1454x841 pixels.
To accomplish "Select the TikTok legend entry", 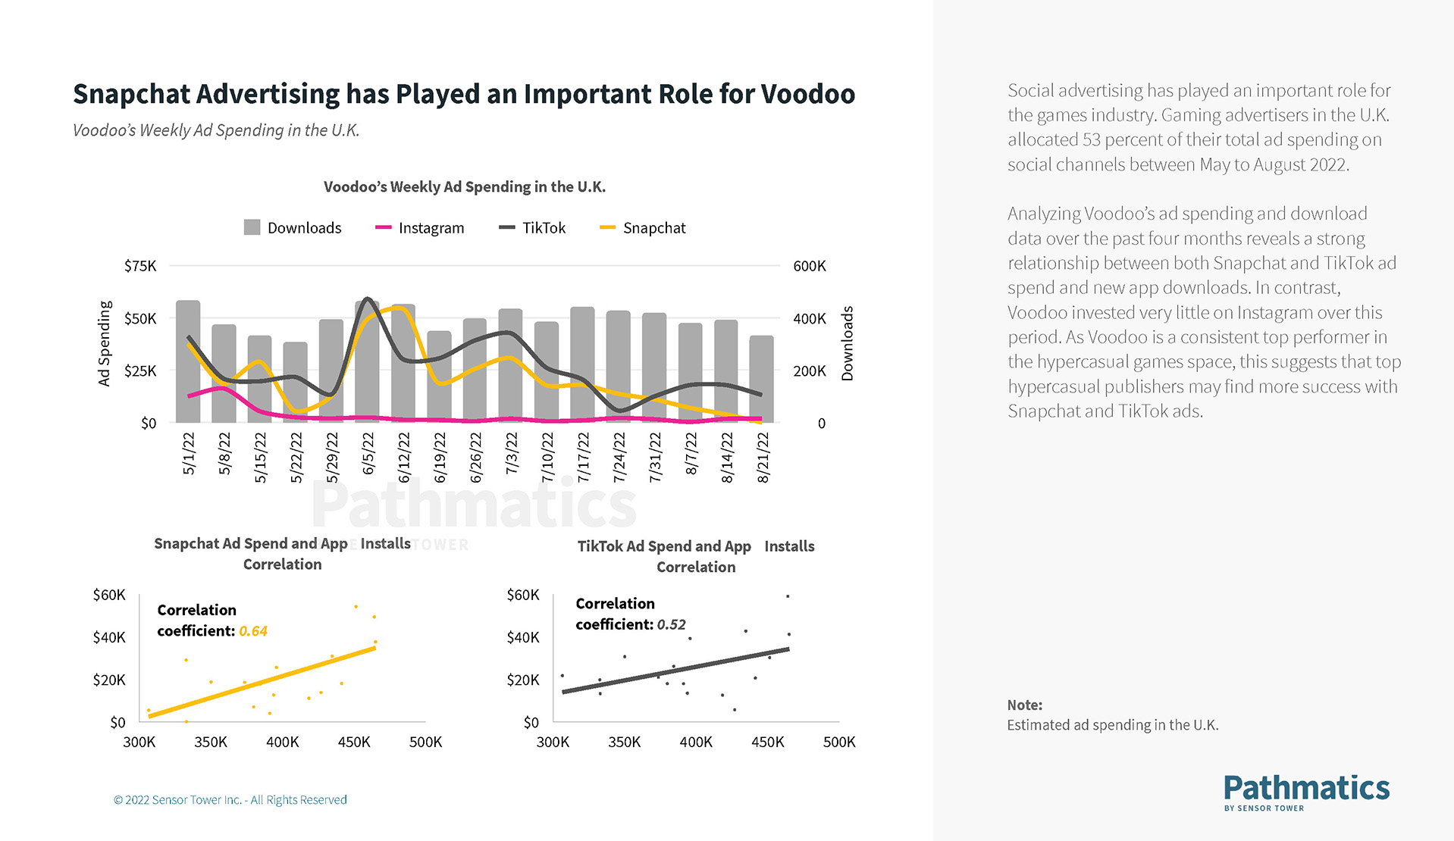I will [532, 228].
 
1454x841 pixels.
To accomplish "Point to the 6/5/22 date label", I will [368, 453].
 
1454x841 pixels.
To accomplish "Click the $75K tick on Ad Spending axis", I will [140, 266].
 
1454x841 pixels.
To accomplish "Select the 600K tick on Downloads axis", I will [809, 266].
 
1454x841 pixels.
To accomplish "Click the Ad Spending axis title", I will [105, 343].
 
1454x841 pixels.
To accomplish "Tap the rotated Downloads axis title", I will [848, 343].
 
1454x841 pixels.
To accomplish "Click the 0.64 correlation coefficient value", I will [253, 631].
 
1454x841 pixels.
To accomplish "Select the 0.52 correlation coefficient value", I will [671, 625].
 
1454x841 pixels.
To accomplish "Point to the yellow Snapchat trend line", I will [262, 682].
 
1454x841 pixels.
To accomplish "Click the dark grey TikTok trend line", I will [675, 671].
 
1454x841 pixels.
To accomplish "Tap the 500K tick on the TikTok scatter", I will [838, 743].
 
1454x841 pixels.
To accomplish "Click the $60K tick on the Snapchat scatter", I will [109, 595].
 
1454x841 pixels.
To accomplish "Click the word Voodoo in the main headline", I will [807, 94].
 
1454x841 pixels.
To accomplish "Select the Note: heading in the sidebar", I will [1024, 705].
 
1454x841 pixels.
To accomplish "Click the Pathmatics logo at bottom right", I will [1305, 792].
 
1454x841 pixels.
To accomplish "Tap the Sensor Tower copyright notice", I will [230, 800].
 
